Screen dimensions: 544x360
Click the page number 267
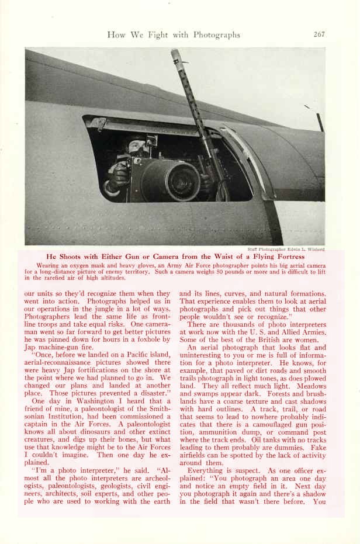(319, 34)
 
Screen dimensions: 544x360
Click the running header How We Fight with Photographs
(174, 35)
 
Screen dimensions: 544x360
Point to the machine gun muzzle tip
(175, 53)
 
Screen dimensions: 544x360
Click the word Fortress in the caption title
(288, 257)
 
